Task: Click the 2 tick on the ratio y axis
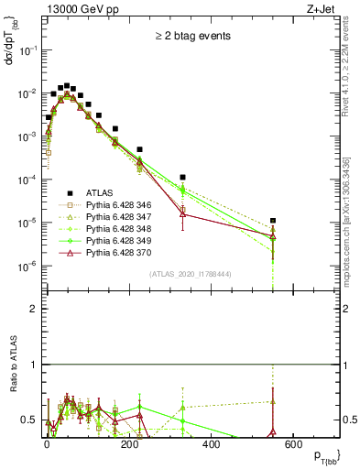pyautogui.click(x=32, y=309)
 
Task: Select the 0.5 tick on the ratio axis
pyautogui.click(x=28, y=420)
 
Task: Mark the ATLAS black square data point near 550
pyautogui.click(x=273, y=221)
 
